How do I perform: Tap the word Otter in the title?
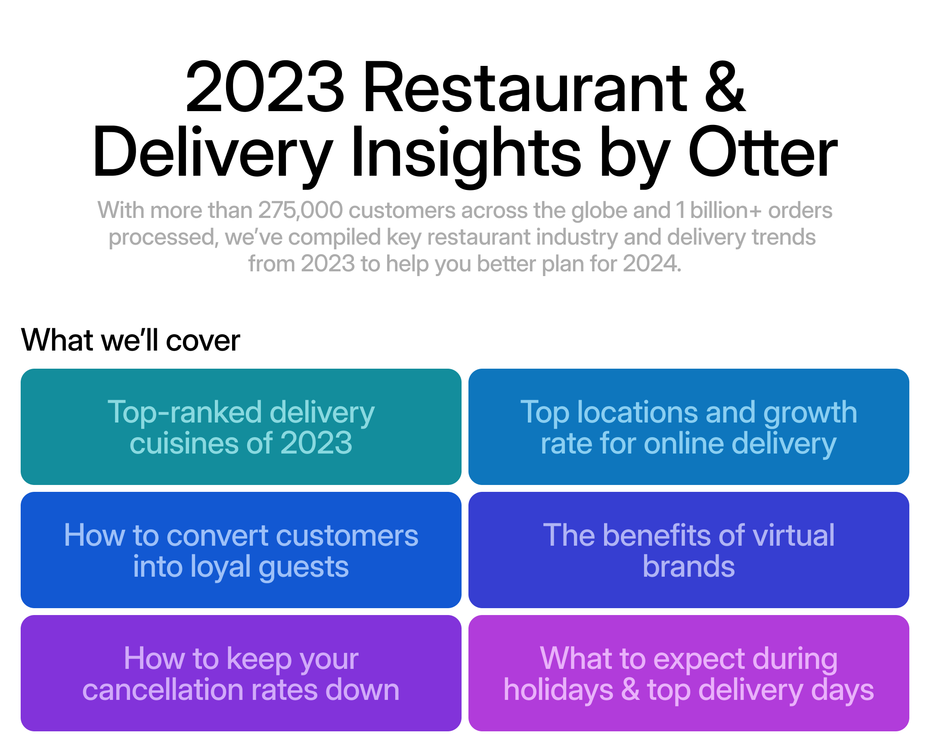tap(763, 152)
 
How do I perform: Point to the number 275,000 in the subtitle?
tap(301, 211)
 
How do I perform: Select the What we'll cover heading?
tap(130, 340)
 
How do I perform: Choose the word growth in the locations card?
tap(810, 413)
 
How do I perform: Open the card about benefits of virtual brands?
tap(688, 550)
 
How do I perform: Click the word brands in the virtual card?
tap(688, 566)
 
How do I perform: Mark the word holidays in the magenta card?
tap(558, 690)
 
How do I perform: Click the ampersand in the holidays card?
tap(630, 690)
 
